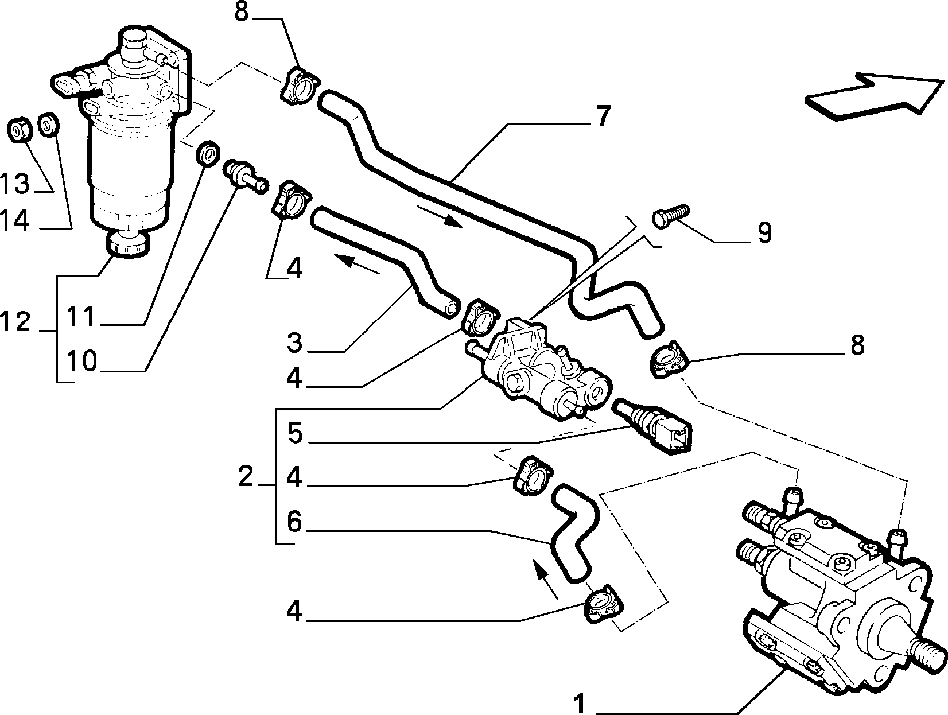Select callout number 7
click(x=604, y=116)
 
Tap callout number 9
click(x=764, y=233)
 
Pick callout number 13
click(x=15, y=183)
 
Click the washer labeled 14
click(x=49, y=125)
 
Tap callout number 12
click(x=15, y=322)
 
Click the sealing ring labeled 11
click(x=208, y=153)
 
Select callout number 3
click(x=294, y=343)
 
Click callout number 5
click(x=295, y=433)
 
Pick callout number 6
click(x=294, y=522)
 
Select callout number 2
click(x=245, y=477)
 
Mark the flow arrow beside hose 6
click(x=546, y=580)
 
